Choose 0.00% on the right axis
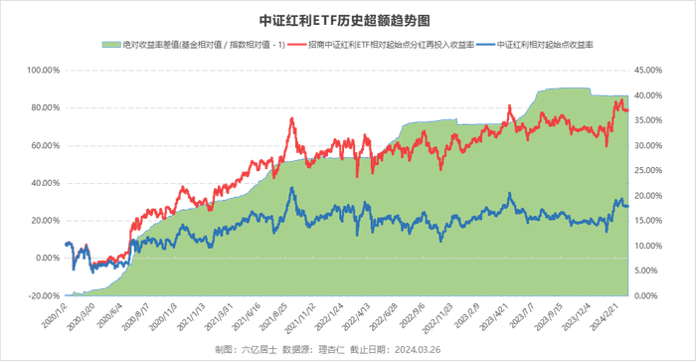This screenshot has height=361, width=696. click(652, 295)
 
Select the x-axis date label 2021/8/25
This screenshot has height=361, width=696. click(276, 315)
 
